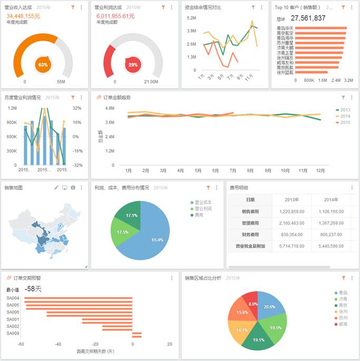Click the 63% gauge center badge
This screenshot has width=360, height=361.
pos(43,64)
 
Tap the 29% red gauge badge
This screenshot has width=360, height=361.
pos(133,64)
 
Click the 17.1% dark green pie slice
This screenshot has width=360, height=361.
pos(131,215)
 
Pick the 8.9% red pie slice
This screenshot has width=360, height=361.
pos(253,304)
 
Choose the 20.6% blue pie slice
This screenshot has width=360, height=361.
pos(269,307)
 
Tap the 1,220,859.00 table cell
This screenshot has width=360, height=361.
pos(291,211)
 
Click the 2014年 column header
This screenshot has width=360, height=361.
pos(330,199)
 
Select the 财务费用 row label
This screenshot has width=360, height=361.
pos(250,234)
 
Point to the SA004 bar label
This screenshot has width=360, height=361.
pos(13,298)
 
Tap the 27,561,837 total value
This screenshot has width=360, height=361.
pos(308,18)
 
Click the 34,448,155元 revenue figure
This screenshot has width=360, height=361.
pos(23,16)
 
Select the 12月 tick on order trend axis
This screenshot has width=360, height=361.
pos(320,170)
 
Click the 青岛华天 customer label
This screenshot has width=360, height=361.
pos(285,27)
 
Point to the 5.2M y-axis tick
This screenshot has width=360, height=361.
pos(191,18)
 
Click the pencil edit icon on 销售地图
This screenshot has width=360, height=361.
pos(56,187)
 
